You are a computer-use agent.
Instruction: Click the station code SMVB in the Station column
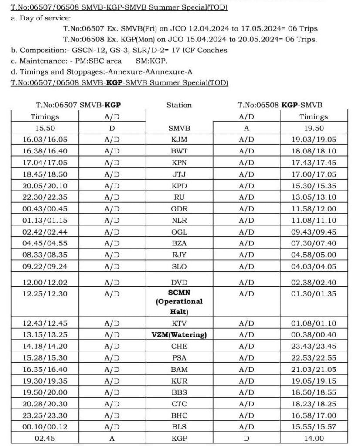[x=179, y=129]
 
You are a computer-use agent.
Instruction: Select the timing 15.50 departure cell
[x=45, y=129]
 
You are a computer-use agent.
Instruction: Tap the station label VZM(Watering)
[x=179, y=335]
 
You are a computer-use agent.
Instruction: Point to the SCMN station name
[x=179, y=292]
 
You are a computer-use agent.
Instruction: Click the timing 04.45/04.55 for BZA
[x=45, y=243]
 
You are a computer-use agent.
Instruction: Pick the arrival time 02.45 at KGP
[x=45, y=439]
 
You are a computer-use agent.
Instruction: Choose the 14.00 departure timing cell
[x=314, y=439]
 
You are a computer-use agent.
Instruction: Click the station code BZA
[x=179, y=243]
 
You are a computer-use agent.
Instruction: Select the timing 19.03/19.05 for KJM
[x=314, y=140]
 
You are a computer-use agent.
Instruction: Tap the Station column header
[x=179, y=105]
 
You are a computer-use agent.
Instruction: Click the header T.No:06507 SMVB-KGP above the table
[x=78, y=105]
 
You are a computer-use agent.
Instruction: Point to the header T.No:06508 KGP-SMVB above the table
[x=280, y=105]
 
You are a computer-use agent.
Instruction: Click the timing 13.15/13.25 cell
[x=45, y=335]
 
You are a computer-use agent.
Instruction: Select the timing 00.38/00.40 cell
[x=314, y=335]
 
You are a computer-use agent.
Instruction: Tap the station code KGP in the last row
[x=179, y=439]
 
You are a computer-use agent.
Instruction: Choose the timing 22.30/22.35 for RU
[x=45, y=197]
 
